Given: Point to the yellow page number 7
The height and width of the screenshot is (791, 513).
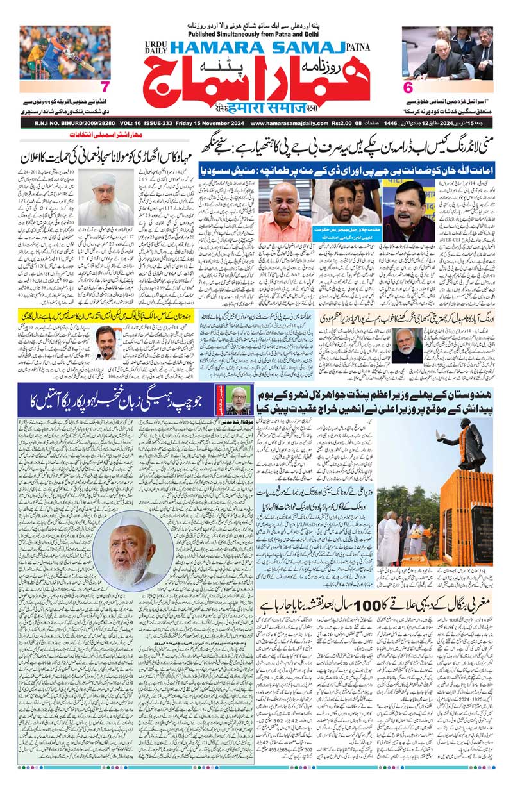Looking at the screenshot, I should [106, 87].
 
